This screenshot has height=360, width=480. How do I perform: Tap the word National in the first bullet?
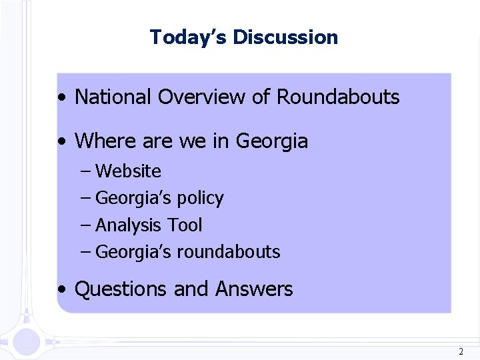113,97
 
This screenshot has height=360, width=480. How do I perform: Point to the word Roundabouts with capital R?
338,97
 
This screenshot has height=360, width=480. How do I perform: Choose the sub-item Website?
128,171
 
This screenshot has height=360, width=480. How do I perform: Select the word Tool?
185,225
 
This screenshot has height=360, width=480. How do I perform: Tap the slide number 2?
461,351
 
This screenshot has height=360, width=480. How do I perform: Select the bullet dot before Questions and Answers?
61,291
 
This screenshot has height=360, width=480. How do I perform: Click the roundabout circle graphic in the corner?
27,340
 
